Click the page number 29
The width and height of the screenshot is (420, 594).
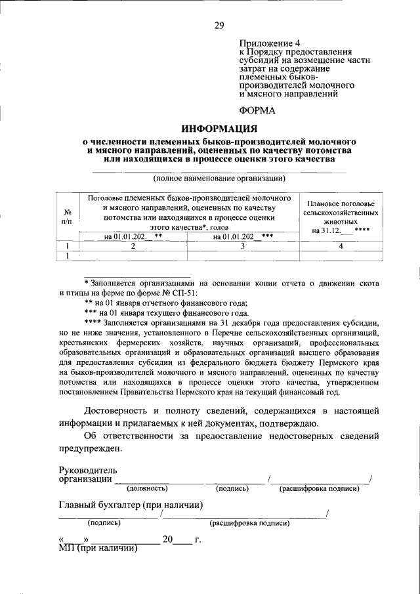click(219, 26)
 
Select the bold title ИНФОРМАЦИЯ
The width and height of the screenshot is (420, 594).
click(219, 128)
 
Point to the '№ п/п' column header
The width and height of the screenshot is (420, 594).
click(67, 217)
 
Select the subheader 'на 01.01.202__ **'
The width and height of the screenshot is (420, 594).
click(133, 236)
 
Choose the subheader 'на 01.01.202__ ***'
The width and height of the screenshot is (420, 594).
click(243, 236)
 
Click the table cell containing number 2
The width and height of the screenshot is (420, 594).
click(133, 246)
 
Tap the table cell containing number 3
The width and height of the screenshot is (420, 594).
click(242, 246)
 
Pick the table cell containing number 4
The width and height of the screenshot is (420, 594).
click(341, 246)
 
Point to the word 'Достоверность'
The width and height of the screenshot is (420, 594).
click(118, 411)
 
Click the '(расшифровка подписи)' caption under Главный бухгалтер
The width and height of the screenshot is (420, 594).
click(249, 523)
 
